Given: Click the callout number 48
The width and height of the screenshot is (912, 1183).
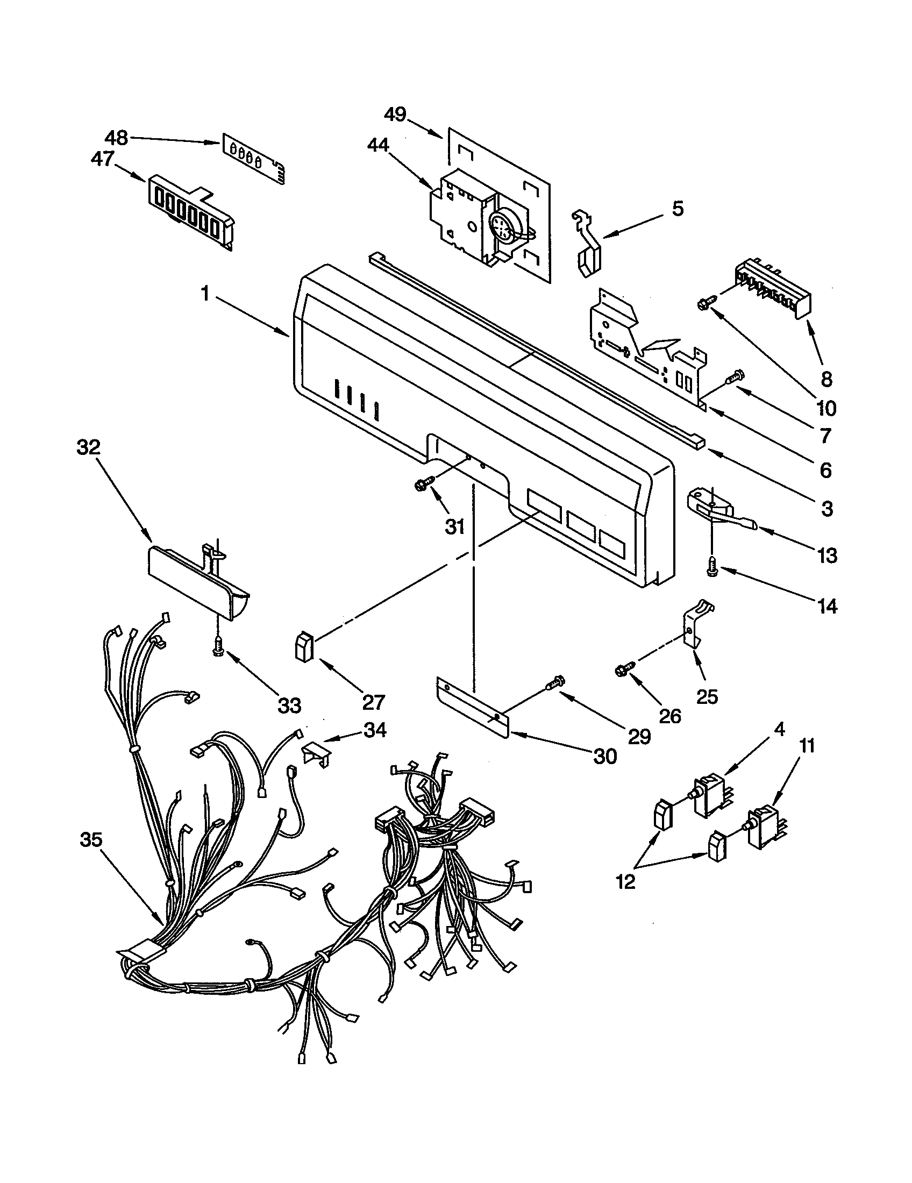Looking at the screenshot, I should coord(116,138).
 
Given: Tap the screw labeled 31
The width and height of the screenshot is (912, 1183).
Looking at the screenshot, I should coord(424,482).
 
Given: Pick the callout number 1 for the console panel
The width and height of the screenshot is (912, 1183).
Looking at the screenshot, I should coord(204,294).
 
